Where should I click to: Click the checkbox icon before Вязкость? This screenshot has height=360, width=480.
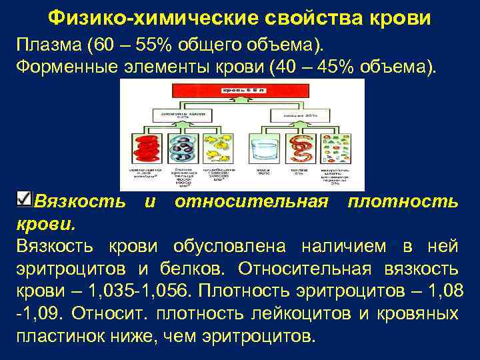(23, 198)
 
